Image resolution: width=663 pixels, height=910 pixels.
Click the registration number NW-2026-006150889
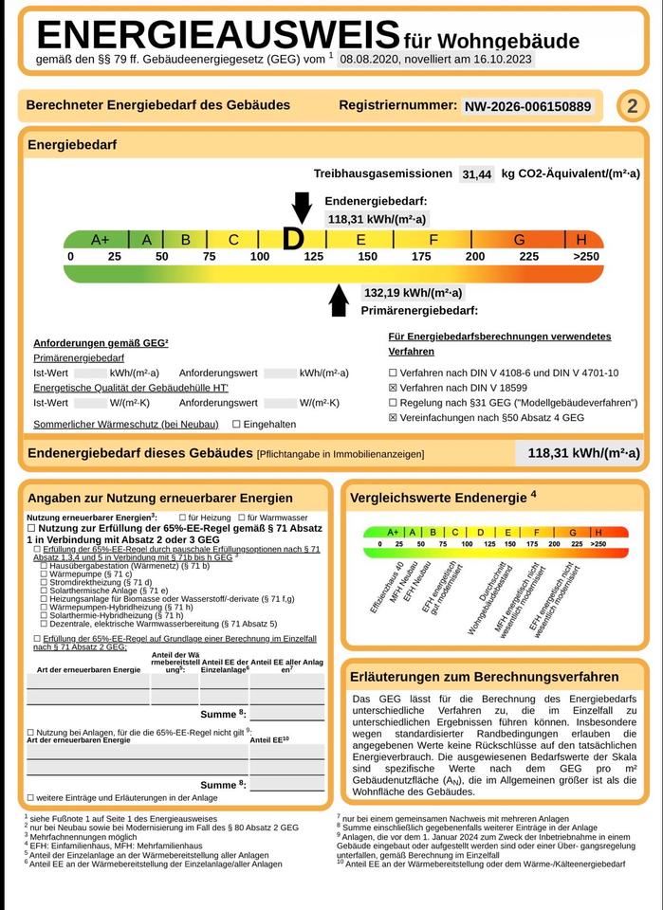click(x=529, y=107)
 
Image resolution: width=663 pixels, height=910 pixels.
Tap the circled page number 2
click(x=633, y=106)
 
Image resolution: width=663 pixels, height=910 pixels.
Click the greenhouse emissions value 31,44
click(x=477, y=174)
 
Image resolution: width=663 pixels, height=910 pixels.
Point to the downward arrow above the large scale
click(x=302, y=206)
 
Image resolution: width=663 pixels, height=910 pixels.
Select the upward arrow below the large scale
click(x=338, y=300)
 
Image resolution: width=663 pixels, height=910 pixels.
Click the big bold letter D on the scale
click(x=294, y=240)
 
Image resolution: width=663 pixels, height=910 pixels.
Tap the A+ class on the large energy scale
click(x=101, y=240)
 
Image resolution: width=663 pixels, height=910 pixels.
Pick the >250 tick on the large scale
click(x=586, y=257)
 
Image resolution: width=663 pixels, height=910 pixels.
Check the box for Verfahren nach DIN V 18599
click(x=394, y=388)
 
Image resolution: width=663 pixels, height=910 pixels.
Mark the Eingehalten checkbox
click(x=236, y=424)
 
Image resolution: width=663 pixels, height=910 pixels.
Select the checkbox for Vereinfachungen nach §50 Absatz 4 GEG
click(x=394, y=417)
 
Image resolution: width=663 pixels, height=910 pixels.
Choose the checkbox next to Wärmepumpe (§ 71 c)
click(x=44, y=573)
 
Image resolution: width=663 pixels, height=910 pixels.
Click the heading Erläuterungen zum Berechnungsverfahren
click(x=484, y=678)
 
